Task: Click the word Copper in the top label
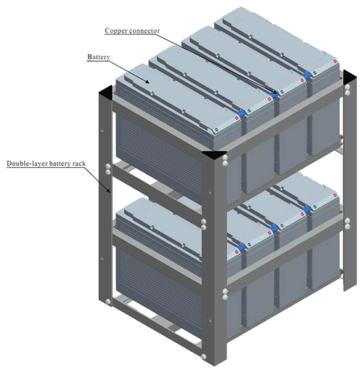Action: (116, 31)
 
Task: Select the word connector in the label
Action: (144, 31)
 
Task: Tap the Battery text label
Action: (99, 57)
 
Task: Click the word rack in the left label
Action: (80, 163)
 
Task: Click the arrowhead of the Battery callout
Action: (147, 81)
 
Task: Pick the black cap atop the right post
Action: (350, 77)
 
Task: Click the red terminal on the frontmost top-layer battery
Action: (237, 118)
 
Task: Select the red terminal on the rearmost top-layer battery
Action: (335, 62)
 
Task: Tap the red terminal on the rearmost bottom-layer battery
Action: (335, 196)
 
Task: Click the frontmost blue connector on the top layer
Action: (241, 113)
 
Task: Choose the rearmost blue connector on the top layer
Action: (307, 75)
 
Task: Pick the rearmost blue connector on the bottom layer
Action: (307, 209)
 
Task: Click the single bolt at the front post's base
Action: (204, 357)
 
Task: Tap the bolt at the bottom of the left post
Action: (108, 301)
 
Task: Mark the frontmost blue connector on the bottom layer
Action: (241, 247)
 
